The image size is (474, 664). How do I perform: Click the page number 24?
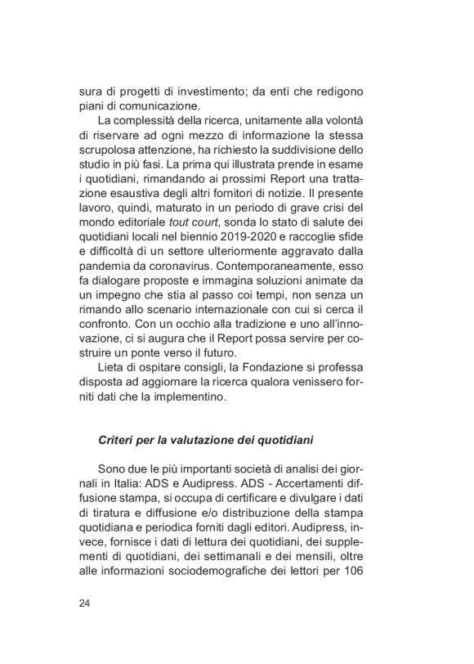coord(84,603)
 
